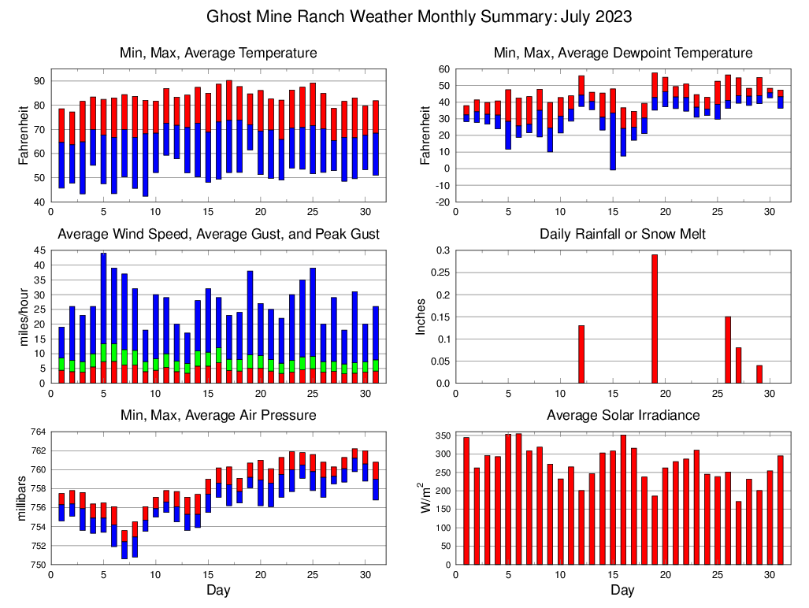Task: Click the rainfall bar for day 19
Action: [655, 319]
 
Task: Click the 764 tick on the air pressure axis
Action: [36, 432]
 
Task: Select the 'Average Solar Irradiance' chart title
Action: [623, 415]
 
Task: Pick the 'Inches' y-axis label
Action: [421, 317]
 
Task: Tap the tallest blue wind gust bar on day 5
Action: [103, 299]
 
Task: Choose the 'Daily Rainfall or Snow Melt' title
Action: [623, 234]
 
